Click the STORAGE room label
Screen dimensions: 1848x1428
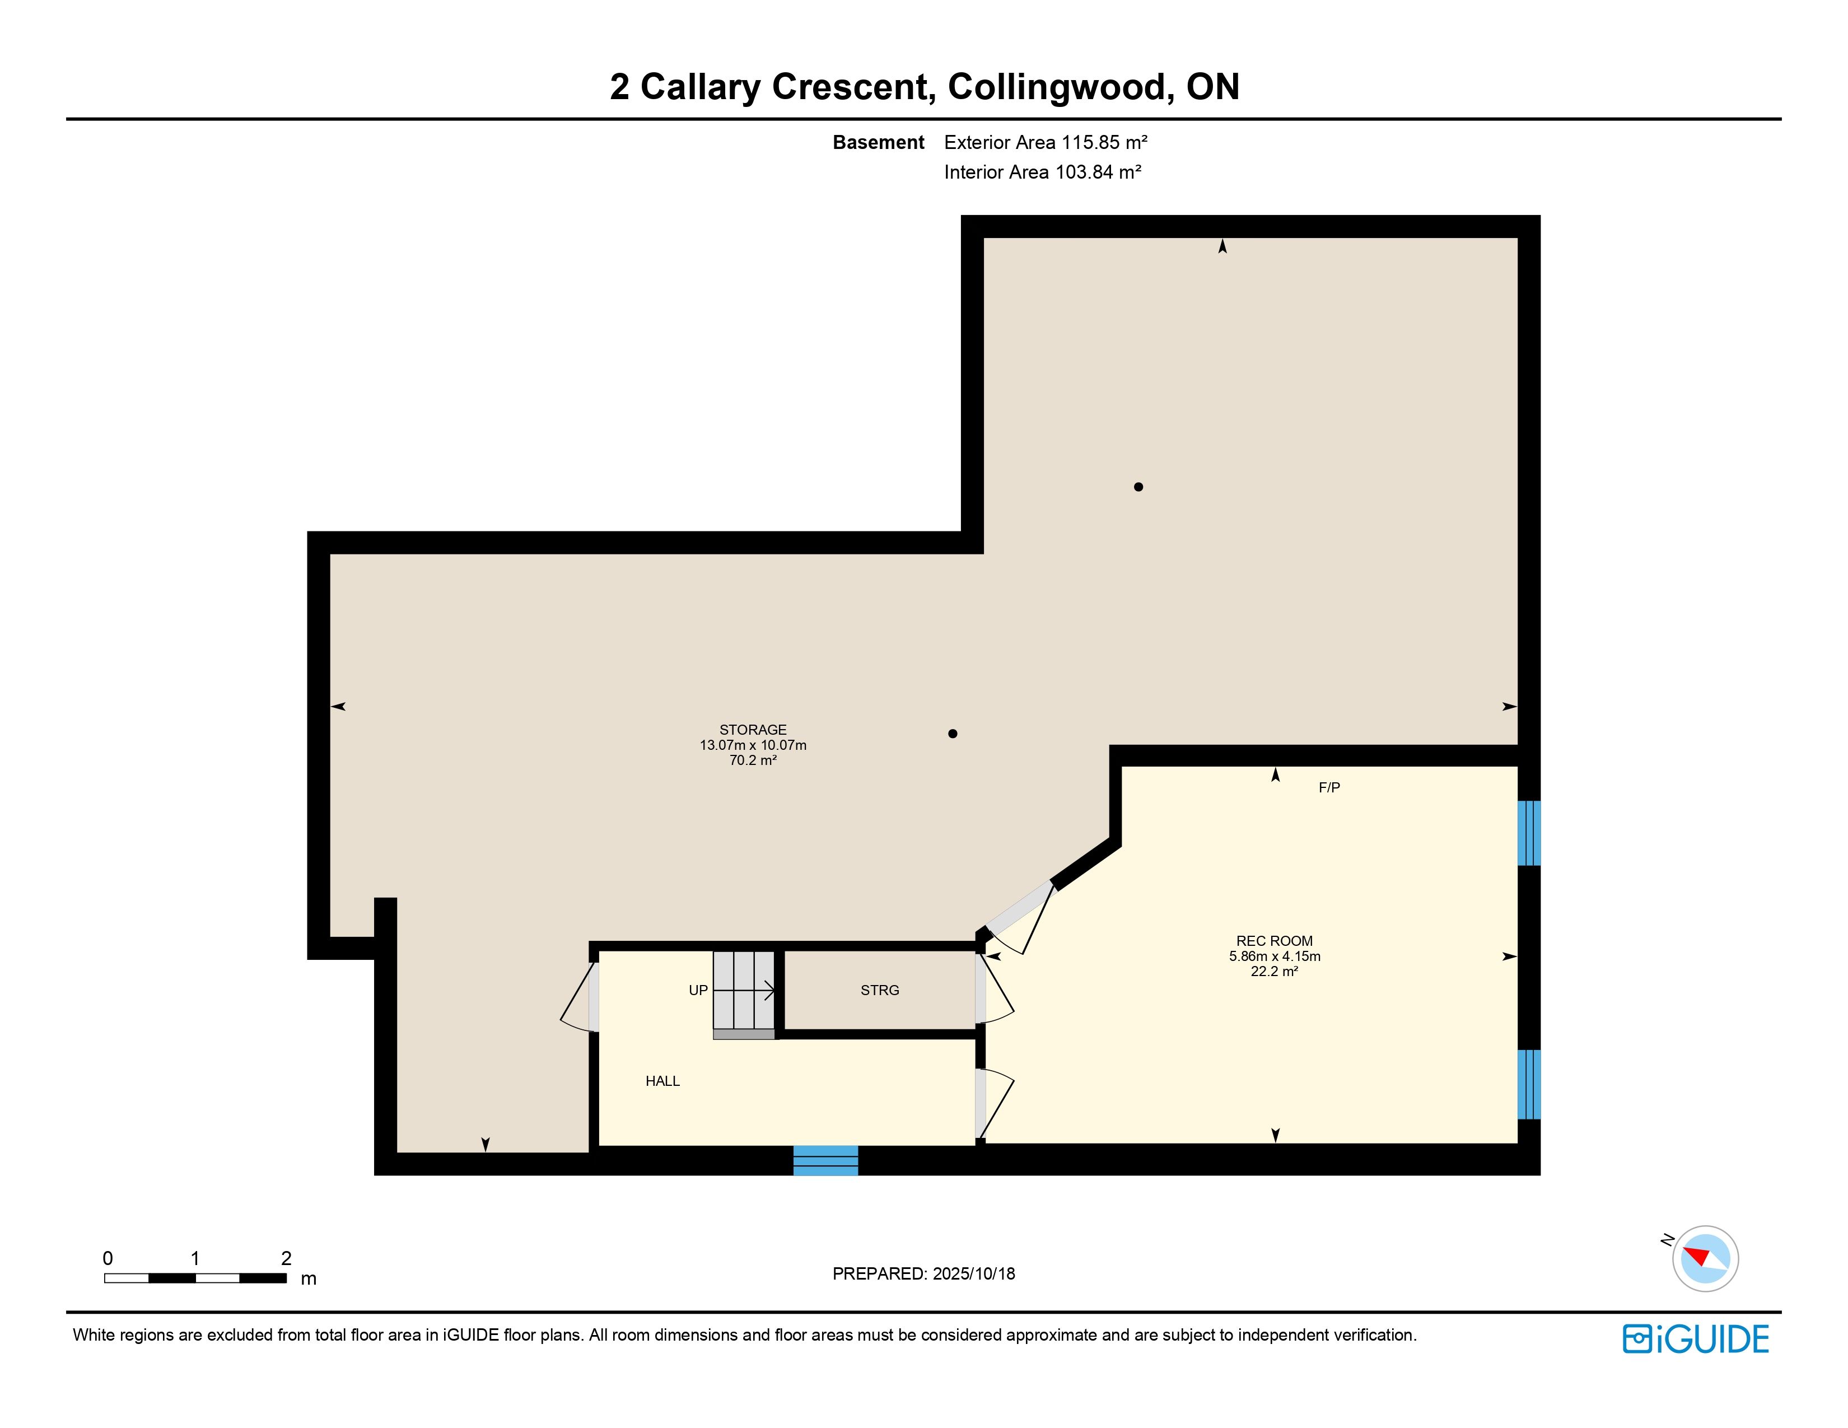pyautogui.click(x=753, y=729)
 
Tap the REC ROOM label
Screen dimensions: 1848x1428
pyautogui.click(x=1275, y=941)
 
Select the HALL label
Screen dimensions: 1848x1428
pyautogui.click(x=662, y=1081)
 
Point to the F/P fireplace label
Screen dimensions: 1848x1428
pyautogui.click(x=1329, y=787)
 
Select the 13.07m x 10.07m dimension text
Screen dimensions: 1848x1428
pyautogui.click(x=753, y=745)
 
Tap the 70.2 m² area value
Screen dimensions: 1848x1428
pyautogui.click(x=753, y=760)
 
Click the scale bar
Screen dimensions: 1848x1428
pyautogui.click(x=195, y=1277)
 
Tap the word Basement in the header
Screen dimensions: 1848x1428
pyautogui.click(x=878, y=142)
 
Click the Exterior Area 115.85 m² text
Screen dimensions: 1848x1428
pyautogui.click(x=1046, y=142)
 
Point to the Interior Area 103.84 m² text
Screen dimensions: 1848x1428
pyautogui.click(x=1043, y=172)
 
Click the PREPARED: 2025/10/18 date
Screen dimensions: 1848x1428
pyautogui.click(x=924, y=1274)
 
